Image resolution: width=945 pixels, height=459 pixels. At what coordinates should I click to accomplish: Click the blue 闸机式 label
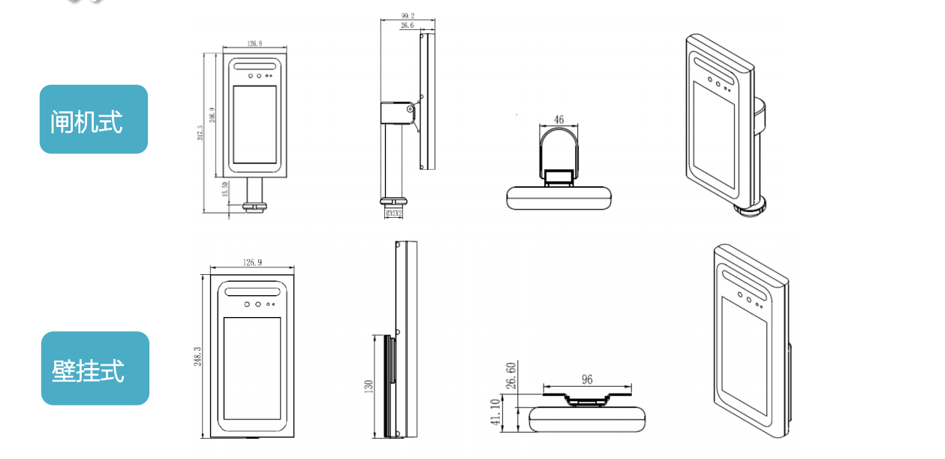(x=93, y=119)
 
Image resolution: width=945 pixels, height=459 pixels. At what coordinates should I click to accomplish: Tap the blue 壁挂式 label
(x=95, y=369)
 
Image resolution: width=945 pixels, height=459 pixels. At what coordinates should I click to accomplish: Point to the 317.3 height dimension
(x=200, y=132)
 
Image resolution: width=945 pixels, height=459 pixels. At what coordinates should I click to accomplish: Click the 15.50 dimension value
(x=224, y=189)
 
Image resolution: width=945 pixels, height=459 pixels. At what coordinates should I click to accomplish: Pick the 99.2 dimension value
(x=408, y=15)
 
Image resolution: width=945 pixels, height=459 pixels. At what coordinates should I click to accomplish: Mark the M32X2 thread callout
(x=393, y=213)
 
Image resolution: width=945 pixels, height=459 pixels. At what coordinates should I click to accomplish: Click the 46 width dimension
(x=558, y=119)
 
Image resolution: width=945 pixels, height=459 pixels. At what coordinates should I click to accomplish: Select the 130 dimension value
(x=369, y=386)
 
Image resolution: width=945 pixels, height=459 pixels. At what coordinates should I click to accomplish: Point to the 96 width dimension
(x=587, y=379)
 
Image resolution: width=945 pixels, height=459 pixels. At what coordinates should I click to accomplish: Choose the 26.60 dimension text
(x=511, y=376)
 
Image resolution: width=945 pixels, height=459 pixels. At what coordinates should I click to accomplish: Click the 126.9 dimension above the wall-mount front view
(x=253, y=263)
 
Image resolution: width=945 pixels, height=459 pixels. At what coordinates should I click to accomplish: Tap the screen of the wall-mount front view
(x=251, y=368)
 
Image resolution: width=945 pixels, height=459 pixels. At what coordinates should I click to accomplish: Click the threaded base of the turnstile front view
(x=254, y=204)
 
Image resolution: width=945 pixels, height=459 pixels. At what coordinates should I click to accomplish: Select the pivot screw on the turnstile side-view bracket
(x=410, y=110)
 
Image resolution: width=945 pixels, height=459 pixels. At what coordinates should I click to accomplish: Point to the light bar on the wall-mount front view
(x=252, y=290)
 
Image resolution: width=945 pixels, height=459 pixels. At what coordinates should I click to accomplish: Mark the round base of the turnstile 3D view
(x=749, y=206)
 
